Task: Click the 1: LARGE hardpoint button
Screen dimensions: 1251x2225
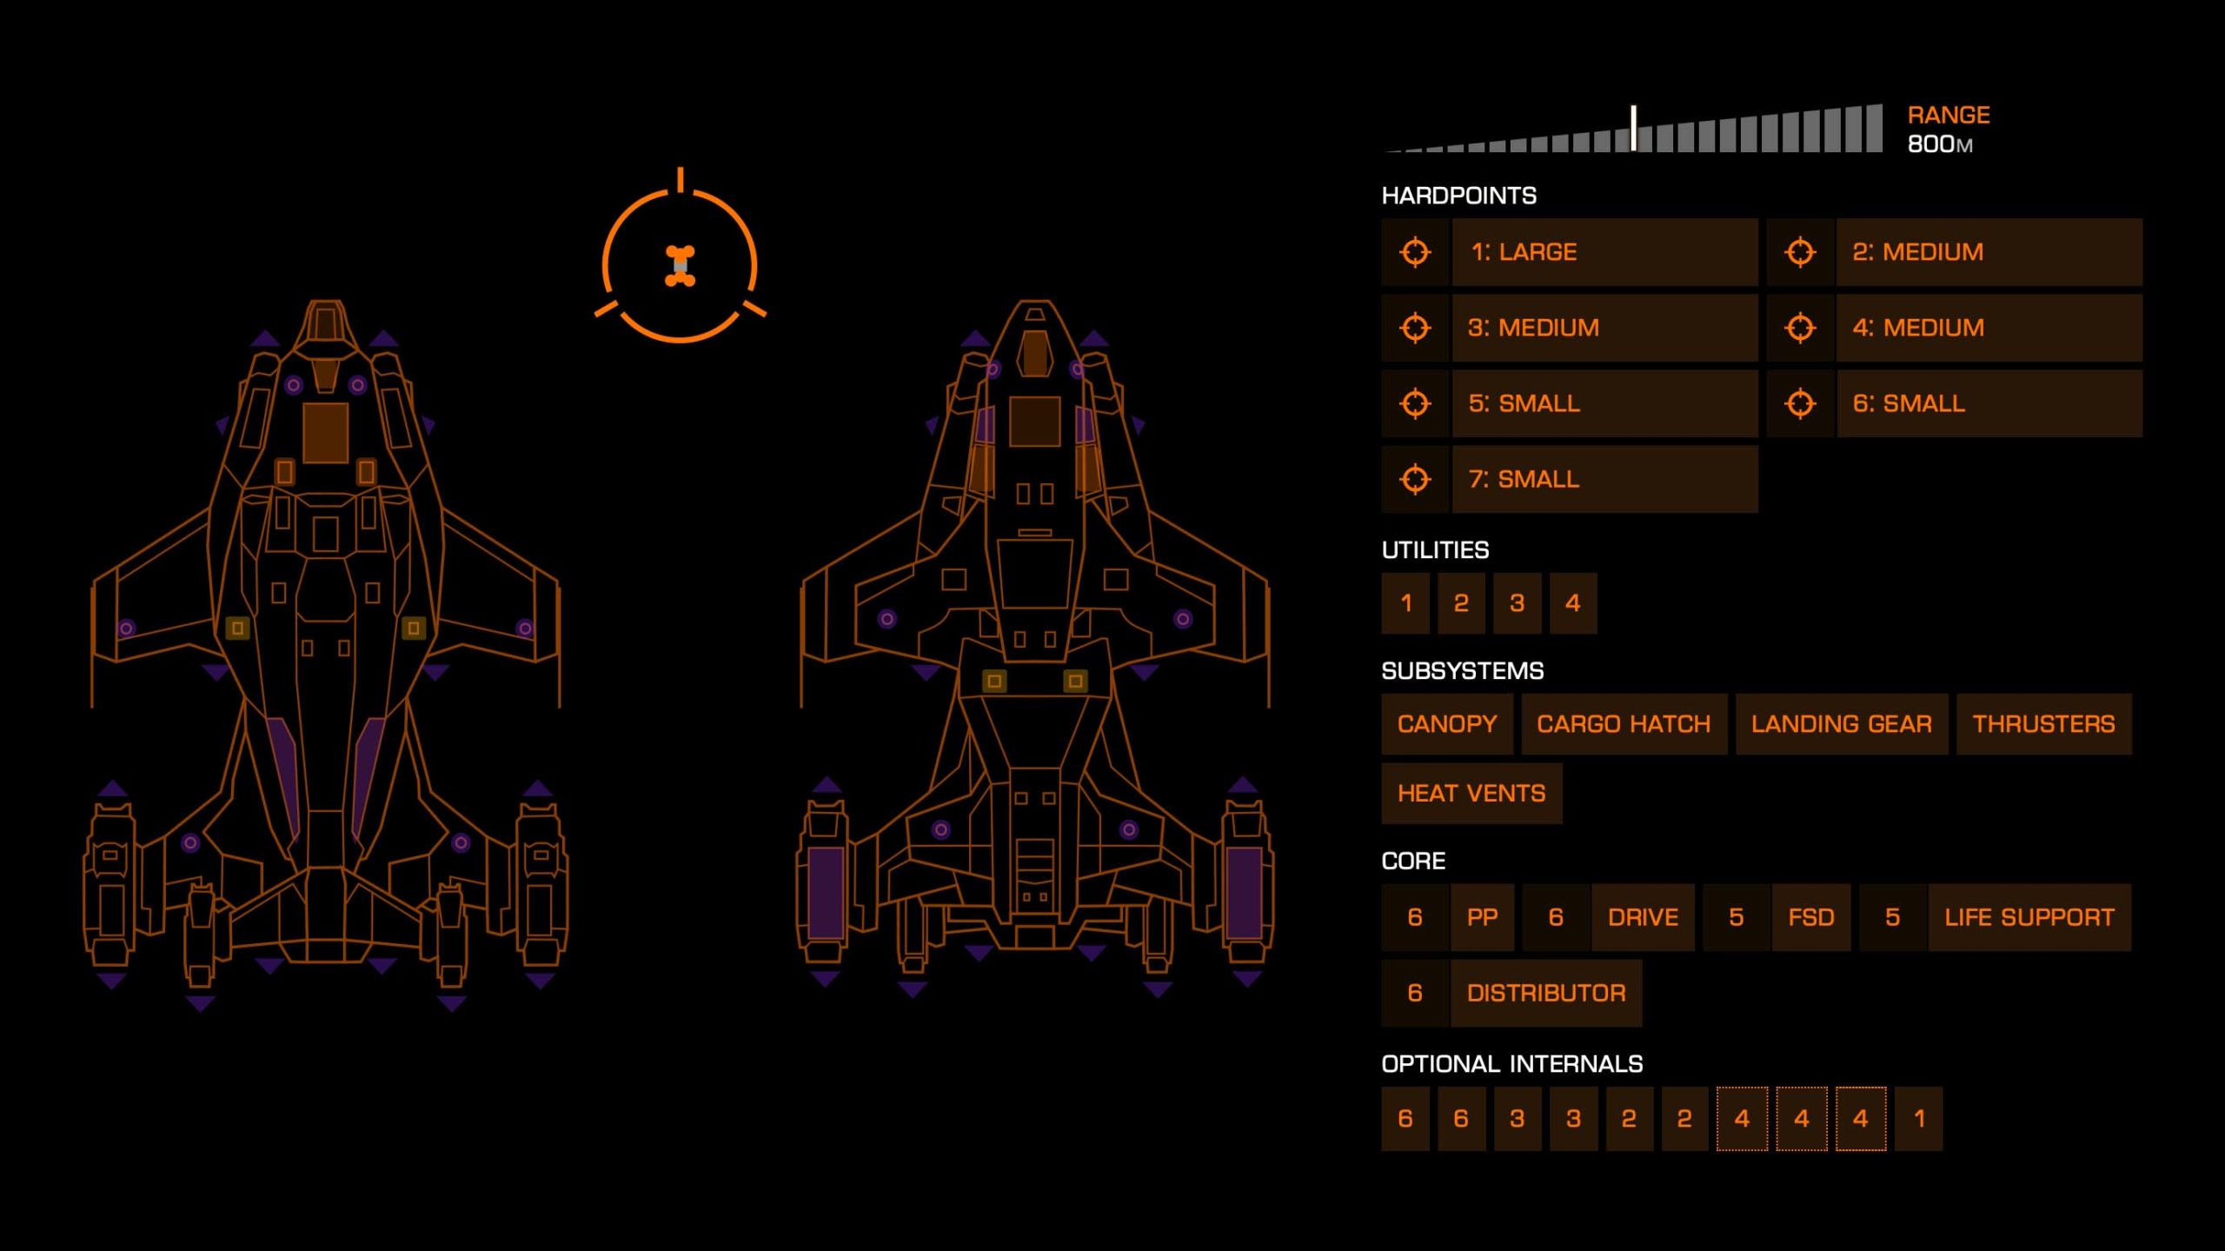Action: point(1604,252)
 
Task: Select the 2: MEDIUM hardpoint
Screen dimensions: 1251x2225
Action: point(1988,252)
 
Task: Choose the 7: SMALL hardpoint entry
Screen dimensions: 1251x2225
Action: point(1604,479)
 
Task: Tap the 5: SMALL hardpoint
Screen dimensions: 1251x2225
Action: point(1604,403)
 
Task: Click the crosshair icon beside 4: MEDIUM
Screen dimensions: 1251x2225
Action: point(1799,328)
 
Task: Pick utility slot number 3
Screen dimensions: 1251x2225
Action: point(1517,603)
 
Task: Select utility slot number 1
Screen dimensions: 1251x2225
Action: point(1405,603)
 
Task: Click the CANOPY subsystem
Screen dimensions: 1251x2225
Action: point(1446,724)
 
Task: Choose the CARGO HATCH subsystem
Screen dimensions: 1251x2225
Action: point(1623,724)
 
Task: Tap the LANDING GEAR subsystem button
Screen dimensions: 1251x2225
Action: point(1841,724)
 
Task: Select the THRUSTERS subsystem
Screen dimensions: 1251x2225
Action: point(2042,724)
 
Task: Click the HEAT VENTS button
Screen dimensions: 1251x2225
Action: point(1471,794)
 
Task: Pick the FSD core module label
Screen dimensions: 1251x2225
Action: point(1810,917)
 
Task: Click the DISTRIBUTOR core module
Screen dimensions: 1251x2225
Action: point(1545,993)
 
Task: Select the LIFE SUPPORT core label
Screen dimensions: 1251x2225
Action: point(2029,917)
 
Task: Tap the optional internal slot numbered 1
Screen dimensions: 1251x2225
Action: point(1918,1119)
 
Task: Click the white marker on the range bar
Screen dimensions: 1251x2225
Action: point(1634,128)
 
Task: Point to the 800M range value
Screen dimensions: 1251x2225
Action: point(1939,144)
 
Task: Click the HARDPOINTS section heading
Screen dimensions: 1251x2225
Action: point(1458,196)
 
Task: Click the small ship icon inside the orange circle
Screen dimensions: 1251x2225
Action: point(680,265)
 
